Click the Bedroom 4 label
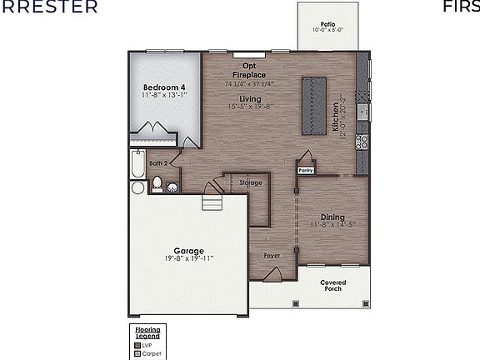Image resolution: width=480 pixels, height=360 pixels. [x=163, y=87]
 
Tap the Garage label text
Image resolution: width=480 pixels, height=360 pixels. [x=188, y=250]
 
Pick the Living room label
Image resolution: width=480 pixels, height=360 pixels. [x=245, y=98]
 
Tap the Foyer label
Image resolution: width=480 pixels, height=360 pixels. [x=272, y=254]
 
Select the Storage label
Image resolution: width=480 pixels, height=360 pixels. [x=251, y=182]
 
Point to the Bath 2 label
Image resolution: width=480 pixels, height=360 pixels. [x=159, y=163]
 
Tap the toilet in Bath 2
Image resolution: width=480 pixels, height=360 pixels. [x=156, y=185]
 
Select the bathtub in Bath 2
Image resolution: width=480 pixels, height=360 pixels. [x=137, y=165]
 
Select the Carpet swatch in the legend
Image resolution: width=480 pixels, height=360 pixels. [x=137, y=353]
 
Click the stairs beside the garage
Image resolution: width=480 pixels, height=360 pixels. [x=213, y=203]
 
